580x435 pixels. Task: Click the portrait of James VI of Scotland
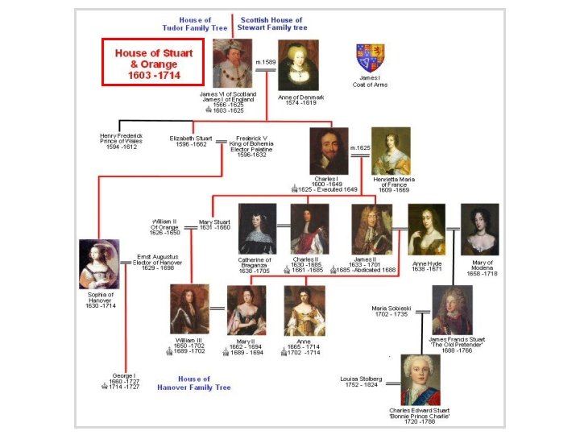233,64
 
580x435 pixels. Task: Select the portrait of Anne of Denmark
298,65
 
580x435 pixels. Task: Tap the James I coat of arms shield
371,57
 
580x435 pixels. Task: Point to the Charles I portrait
329,151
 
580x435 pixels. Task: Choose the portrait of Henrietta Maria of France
391,151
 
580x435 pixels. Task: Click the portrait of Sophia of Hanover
99,264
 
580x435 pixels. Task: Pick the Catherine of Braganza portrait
257,229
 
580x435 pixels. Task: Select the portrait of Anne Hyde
427,229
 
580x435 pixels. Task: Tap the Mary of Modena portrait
479,229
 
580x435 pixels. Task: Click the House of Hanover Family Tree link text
194,383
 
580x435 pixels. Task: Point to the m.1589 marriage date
265,61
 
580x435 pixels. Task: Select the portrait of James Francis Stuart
452,310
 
